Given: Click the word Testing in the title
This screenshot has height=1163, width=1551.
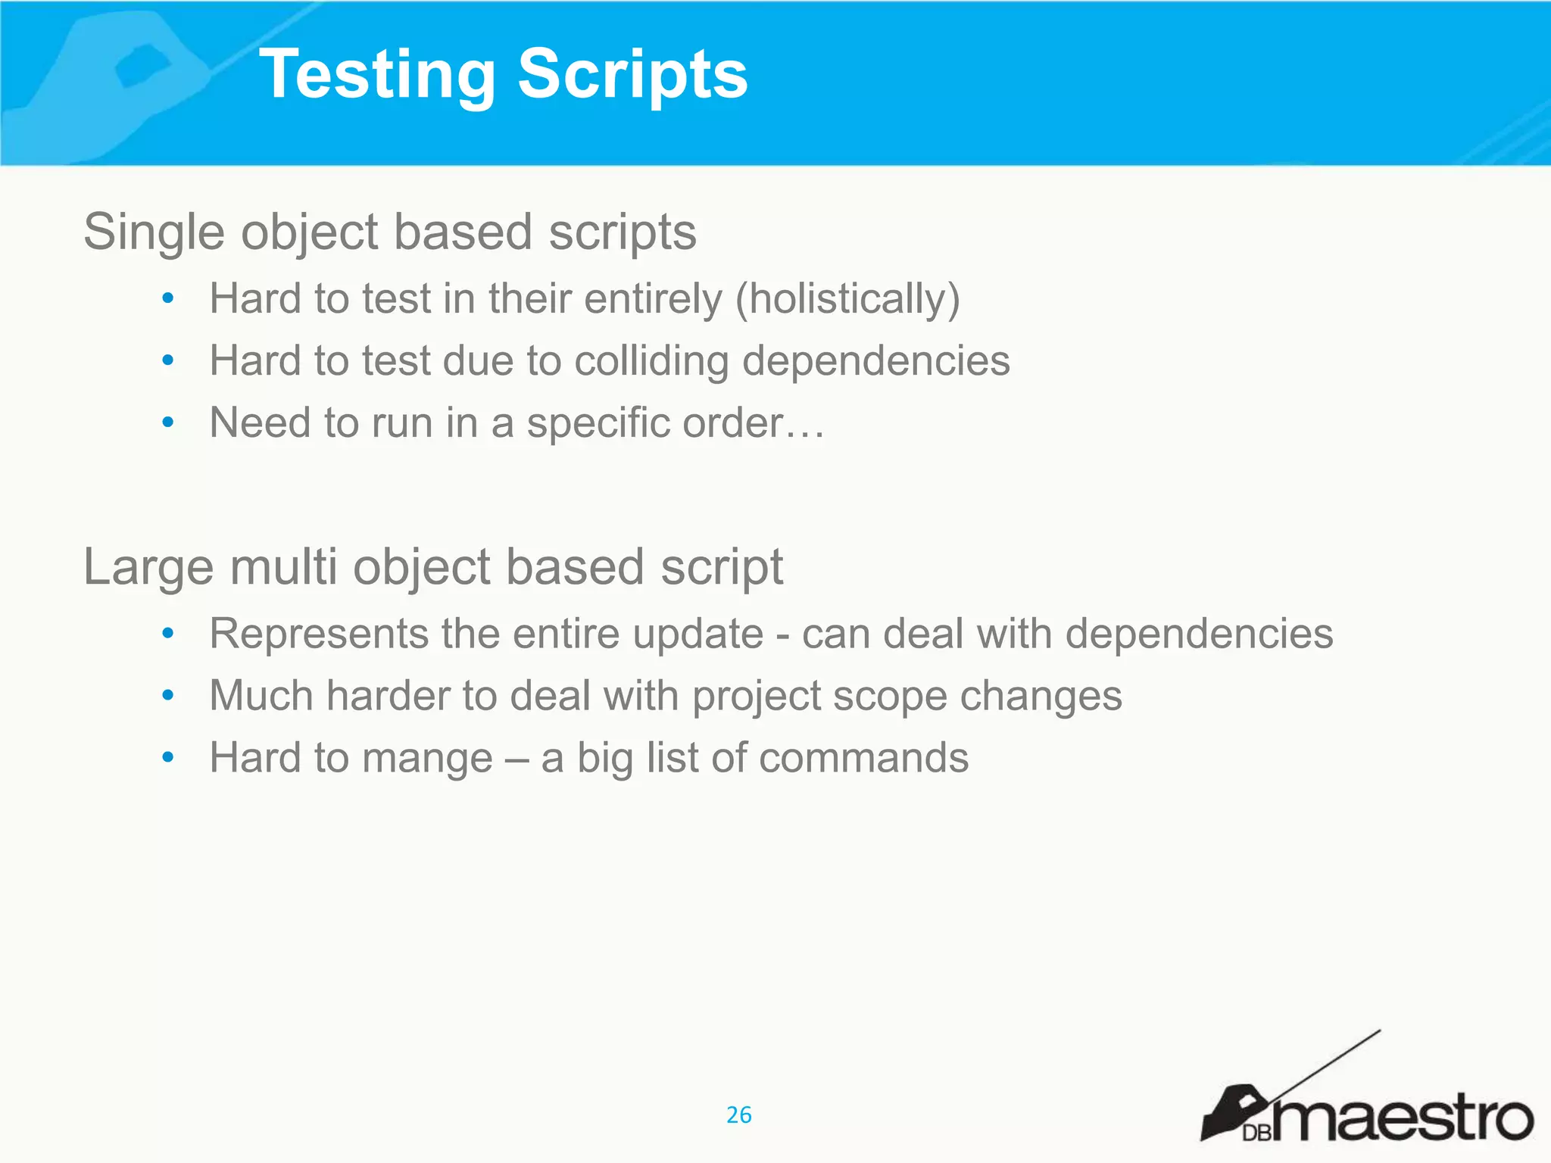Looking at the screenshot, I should point(376,74).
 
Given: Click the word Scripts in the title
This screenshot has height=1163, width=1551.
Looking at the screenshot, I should point(632,74).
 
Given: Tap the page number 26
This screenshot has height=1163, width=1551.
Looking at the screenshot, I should point(738,1115).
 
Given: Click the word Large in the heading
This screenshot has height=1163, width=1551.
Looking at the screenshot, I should point(148,567).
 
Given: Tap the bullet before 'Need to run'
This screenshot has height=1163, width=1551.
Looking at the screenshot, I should point(168,422).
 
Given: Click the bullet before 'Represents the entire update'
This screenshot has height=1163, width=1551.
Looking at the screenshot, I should point(168,633).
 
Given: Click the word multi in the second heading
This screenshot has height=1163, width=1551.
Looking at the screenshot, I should point(284,567).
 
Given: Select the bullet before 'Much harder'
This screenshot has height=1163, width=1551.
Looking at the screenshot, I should point(168,695).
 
